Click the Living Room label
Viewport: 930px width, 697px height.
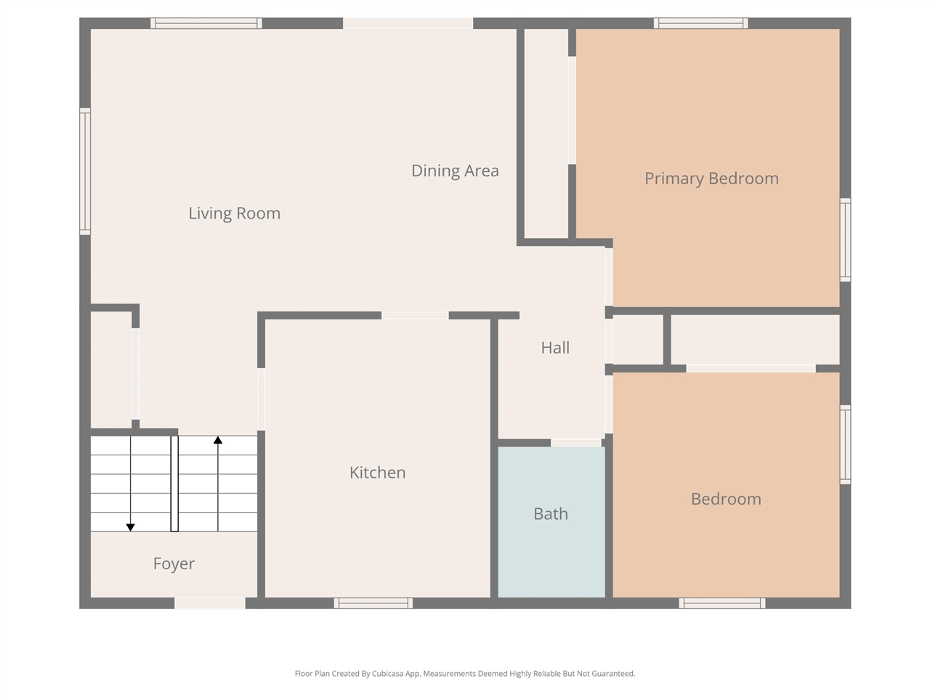click(x=234, y=213)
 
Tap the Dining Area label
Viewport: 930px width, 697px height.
click(x=455, y=171)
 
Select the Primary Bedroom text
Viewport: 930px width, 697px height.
click(x=711, y=179)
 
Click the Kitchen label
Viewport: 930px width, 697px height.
click(x=377, y=473)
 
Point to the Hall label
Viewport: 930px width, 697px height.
click(x=555, y=348)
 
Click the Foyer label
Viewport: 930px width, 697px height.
click(x=174, y=564)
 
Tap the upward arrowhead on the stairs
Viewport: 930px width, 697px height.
click(x=218, y=440)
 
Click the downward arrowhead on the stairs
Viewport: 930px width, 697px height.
click(x=131, y=527)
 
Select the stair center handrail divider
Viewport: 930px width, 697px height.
click(x=174, y=484)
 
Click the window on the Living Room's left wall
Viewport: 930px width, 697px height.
click(x=85, y=171)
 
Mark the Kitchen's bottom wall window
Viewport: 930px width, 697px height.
click(x=373, y=603)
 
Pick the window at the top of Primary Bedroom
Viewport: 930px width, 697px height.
click(x=700, y=23)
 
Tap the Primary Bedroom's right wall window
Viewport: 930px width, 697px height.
click(x=845, y=240)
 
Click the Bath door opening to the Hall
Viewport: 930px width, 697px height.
click(x=575, y=443)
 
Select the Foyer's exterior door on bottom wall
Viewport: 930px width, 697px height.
click(x=210, y=603)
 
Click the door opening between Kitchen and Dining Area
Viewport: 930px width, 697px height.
click(x=415, y=315)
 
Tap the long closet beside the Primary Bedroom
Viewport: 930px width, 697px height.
click(x=546, y=134)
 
